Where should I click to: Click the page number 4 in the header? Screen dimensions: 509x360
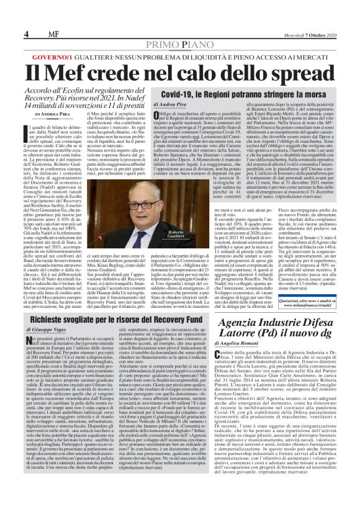coord(9,16)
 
